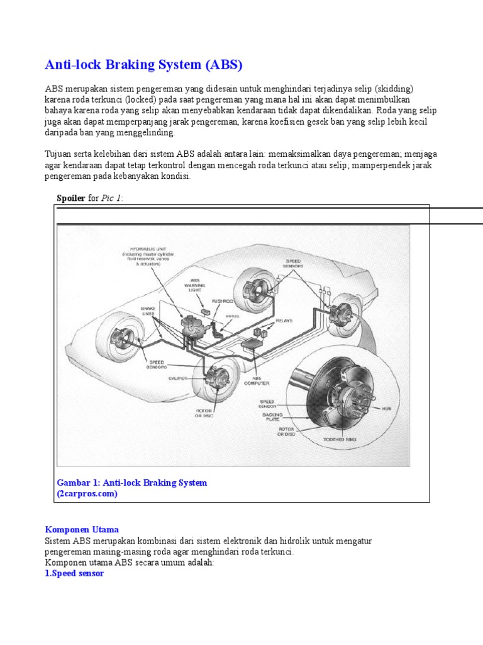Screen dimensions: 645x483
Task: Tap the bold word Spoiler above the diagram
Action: coord(71,198)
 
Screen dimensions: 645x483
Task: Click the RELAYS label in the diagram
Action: coord(284,320)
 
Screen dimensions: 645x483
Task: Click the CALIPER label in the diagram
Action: coord(177,379)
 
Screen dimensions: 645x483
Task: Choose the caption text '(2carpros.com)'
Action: coord(87,494)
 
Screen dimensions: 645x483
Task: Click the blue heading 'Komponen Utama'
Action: coord(82,530)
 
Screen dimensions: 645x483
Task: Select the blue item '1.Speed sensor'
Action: coord(74,574)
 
